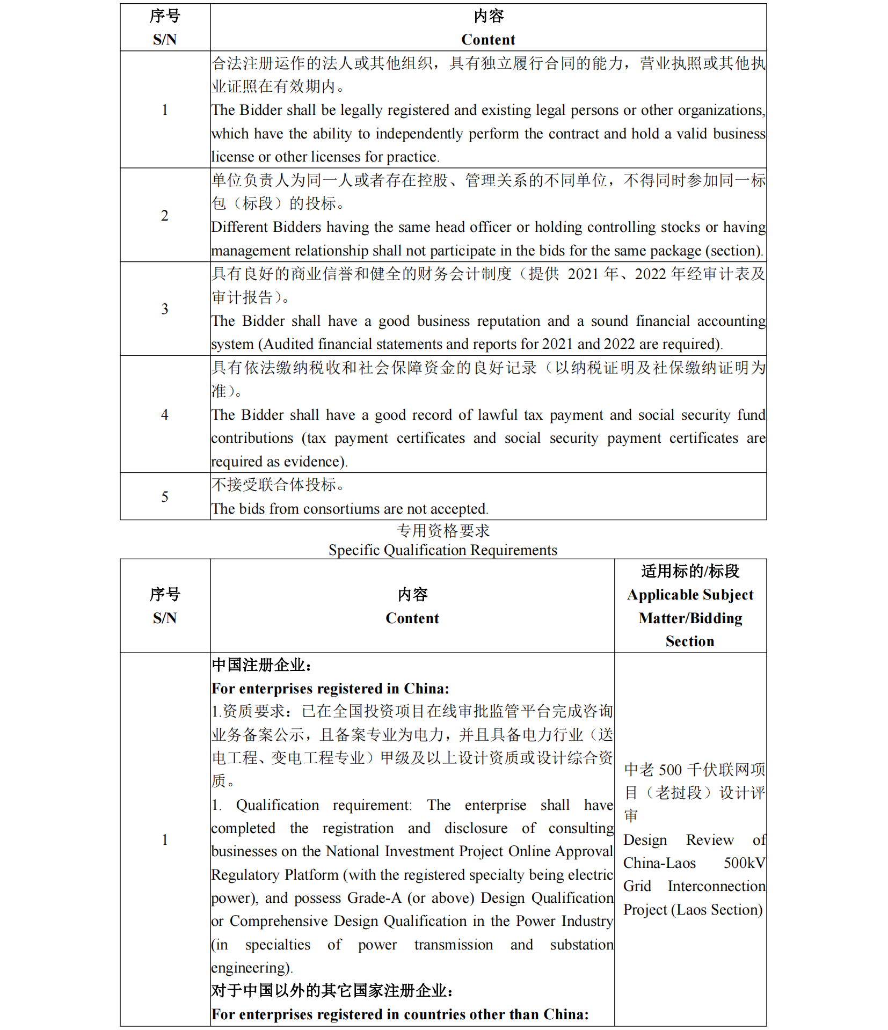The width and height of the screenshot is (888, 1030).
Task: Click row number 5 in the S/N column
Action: tap(165, 496)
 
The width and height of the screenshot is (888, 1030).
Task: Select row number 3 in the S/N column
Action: tap(165, 309)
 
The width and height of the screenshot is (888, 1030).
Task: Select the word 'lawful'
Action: tap(497, 415)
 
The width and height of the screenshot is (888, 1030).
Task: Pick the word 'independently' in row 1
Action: tap(419, 134)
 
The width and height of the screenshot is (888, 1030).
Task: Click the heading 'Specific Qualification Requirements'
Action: tap(443, 550)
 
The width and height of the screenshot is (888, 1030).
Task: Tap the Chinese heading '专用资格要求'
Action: tap(443, 531)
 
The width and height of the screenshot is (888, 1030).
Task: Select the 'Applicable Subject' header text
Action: tap(690, 595)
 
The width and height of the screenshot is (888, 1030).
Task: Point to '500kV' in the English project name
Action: tap(744, 863)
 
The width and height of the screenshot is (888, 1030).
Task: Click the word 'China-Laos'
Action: tap(659, 863)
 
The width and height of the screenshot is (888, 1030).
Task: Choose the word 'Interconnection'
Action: tap(716, 886)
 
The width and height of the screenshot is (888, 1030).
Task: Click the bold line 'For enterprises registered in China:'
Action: tap(330, 689)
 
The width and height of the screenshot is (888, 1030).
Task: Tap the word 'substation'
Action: tap(581, 945)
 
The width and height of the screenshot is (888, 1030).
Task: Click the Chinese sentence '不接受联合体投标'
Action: tap(278, 485)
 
